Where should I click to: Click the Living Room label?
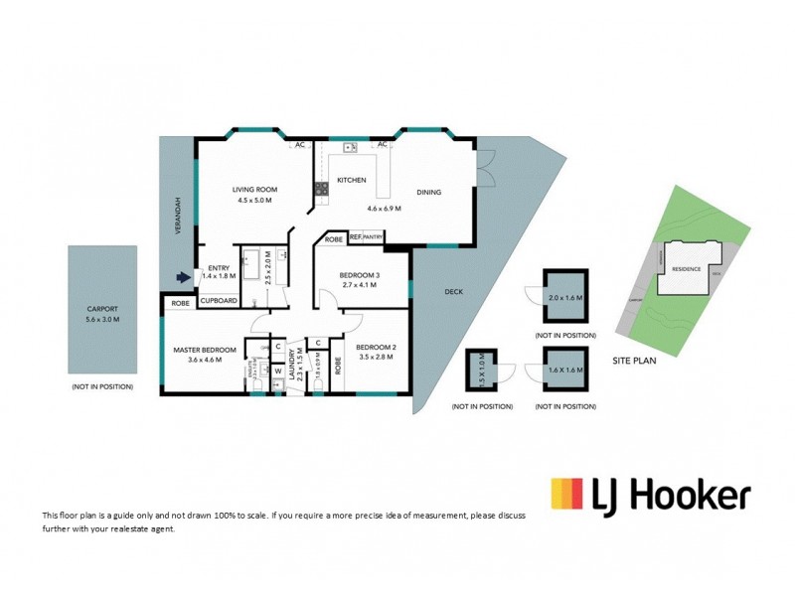click(254, 190)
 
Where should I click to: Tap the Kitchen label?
click(352, 180)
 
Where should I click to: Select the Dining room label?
click(428, 193)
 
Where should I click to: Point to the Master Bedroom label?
click(204, 350)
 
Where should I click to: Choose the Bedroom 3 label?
click(360, 274)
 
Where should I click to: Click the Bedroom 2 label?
click(378, 347)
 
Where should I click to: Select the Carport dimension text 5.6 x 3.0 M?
click(102, 320)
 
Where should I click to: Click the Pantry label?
click(373, 238)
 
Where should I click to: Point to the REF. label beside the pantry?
click(354, 238)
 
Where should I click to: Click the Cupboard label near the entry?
click(219, 301)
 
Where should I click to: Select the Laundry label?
click(291, 367)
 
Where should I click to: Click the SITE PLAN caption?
click(633, 362)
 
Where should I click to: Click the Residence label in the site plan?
click(687, 269)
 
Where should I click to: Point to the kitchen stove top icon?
click(321, 188)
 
